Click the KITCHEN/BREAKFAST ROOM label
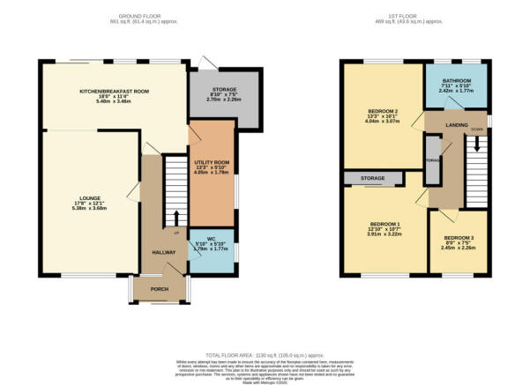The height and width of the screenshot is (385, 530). coord(115,91)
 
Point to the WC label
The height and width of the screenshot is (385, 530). coord(211,239)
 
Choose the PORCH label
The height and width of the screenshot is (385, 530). coord(160,288)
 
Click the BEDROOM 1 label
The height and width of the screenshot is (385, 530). coord(384,223)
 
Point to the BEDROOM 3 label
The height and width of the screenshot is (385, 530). coord(459,239)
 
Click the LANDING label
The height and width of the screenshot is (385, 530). coord(456,125)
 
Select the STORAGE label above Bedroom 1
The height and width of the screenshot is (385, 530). coord(372,180)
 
